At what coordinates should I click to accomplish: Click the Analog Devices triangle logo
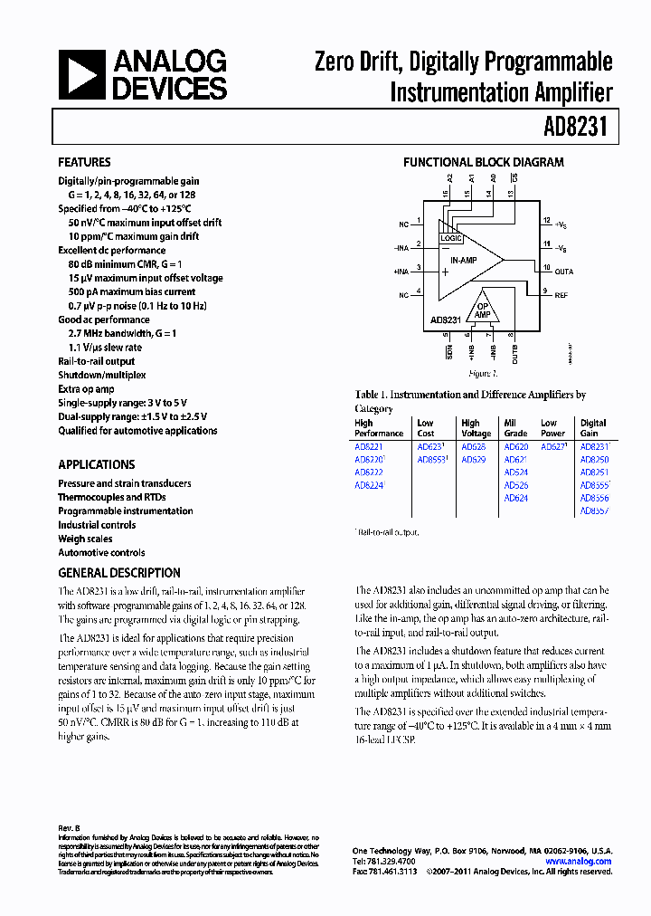[83, 74]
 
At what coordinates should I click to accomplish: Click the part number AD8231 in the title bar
[581, 128]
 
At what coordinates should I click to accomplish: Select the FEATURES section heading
[84, 162]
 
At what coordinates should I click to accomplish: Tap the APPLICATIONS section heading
[96, 464]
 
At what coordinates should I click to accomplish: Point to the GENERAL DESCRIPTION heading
[119, 573]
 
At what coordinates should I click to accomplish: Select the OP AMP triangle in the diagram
[484, 310]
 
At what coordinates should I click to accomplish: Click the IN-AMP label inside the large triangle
[464, 260]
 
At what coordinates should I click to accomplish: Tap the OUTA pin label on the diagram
[563, 271]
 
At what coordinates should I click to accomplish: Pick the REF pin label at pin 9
[561, 295]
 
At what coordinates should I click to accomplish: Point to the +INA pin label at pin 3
[401, 271]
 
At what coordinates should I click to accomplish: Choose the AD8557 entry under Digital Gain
[594, 511]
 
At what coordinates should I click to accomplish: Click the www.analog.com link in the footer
[579, 861]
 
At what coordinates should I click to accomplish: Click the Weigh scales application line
[85, 539]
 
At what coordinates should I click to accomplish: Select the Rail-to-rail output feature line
[97, 361]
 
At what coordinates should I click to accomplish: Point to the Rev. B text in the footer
[69, 828]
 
